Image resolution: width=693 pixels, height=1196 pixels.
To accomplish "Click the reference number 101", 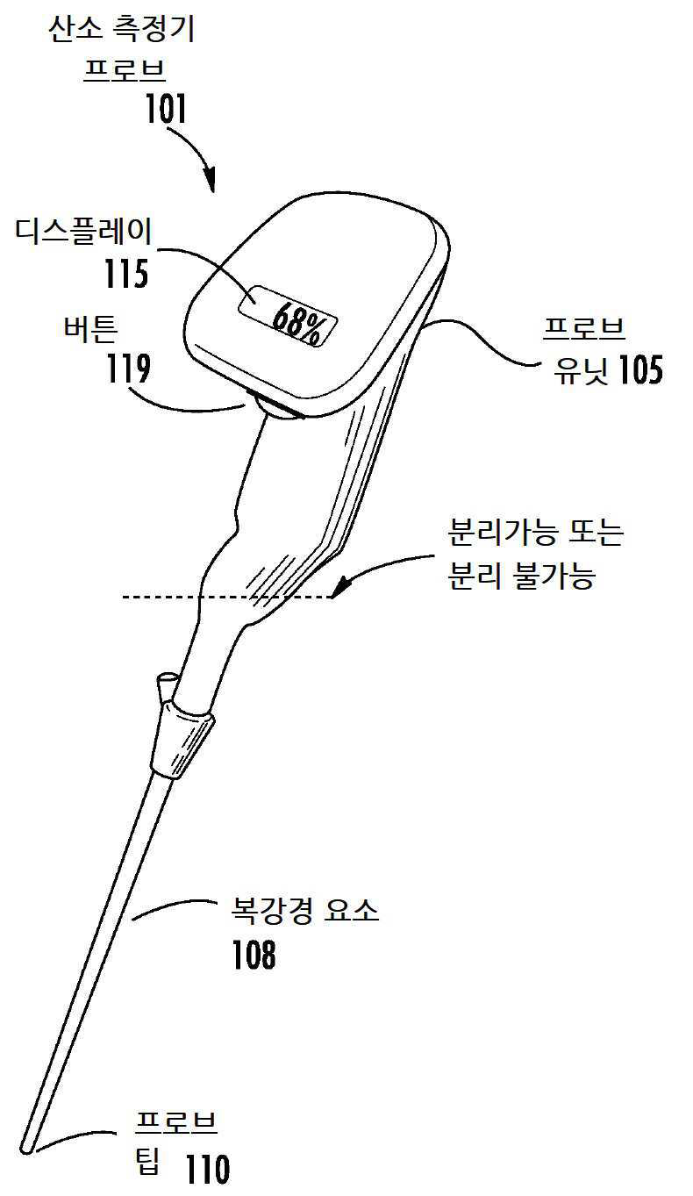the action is click(166, 109).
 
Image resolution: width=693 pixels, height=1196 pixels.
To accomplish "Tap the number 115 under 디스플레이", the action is click(126, 274).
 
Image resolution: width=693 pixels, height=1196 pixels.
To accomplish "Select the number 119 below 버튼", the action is click(128, 369).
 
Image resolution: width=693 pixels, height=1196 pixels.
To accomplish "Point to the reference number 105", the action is click(641, 369).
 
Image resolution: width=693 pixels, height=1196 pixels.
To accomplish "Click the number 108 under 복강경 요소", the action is click(254, 955).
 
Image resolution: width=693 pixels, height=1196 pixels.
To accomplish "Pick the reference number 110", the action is click(208, 1169).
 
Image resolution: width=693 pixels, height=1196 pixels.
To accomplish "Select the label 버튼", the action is click(90, 328).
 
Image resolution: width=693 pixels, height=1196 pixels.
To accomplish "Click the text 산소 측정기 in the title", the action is click(122, 29).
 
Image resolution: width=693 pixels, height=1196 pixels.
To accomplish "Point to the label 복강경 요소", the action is click(305, 911).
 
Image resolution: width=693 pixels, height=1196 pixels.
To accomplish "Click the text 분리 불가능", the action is click(521, 577).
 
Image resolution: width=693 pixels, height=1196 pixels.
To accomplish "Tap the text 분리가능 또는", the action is click(535, 533).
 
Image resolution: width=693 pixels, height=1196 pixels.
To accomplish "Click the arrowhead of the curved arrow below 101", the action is click(211, 181).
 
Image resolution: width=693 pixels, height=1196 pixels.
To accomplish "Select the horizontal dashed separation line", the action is click(228, 597).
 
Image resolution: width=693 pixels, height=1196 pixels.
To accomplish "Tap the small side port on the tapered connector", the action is click(166, 687).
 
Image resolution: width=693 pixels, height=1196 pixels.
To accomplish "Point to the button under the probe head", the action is click(276, 407).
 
